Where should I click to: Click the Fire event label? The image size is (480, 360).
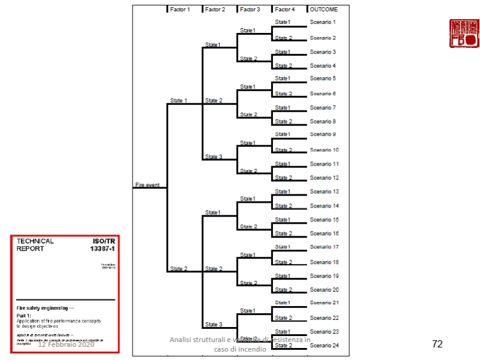(x=148, y=185)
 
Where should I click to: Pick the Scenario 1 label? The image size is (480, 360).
(x=323, y=22)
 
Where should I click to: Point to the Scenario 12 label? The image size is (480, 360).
(x=325, y=178)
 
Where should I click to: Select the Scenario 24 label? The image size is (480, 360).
(x=325, y=346)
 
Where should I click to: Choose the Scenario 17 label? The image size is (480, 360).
(x=325, y=247)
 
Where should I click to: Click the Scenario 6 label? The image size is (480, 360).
(x=323, y=94)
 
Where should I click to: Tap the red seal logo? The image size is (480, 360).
(x=464, y=34)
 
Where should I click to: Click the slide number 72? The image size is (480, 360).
(x=437, y=344)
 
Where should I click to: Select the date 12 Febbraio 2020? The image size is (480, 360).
(x=66, y=344)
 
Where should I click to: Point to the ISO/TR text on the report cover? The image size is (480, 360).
(x=102, y=241)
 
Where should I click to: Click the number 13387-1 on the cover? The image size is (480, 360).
(x=101, y=249)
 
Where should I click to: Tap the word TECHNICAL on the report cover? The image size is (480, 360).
(x=35, y=241)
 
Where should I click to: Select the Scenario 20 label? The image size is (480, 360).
(x=325, y=290)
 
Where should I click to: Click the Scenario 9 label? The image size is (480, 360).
(x=323, y=134)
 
